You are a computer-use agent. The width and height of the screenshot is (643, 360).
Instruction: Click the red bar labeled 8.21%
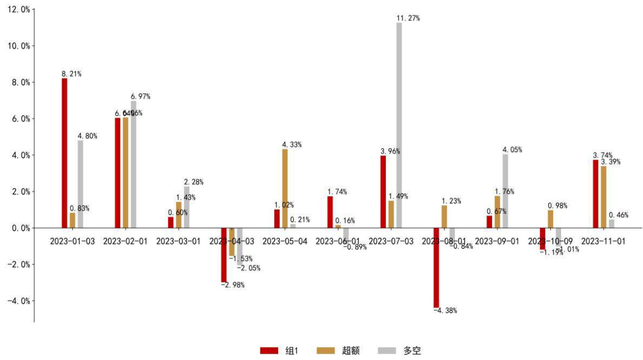64,153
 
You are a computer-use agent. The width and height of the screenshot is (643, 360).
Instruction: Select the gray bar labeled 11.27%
399,125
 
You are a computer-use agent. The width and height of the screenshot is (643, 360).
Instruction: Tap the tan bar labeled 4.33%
285,189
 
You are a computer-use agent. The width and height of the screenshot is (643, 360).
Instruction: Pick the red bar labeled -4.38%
436,267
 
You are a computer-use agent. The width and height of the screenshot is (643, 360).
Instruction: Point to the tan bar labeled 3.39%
604,197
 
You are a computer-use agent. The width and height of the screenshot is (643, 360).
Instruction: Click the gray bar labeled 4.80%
80,184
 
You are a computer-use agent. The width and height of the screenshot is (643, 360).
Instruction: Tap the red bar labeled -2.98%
224,255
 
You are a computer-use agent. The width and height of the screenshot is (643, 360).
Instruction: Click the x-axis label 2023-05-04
285,241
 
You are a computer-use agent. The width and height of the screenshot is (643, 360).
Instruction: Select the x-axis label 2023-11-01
603,241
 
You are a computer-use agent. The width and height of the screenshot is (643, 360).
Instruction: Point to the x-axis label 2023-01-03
72,241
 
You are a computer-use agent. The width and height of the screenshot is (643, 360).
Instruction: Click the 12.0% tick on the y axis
17,10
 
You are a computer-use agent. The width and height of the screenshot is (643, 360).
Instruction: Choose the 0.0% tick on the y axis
18,228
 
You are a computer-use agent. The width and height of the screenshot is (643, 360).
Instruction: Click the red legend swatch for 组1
269,350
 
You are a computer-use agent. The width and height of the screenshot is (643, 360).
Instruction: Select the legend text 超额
350,350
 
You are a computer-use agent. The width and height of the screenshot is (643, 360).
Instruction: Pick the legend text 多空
413,350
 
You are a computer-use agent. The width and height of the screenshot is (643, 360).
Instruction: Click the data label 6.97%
141,96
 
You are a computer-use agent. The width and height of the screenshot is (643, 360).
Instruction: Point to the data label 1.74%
337,192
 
